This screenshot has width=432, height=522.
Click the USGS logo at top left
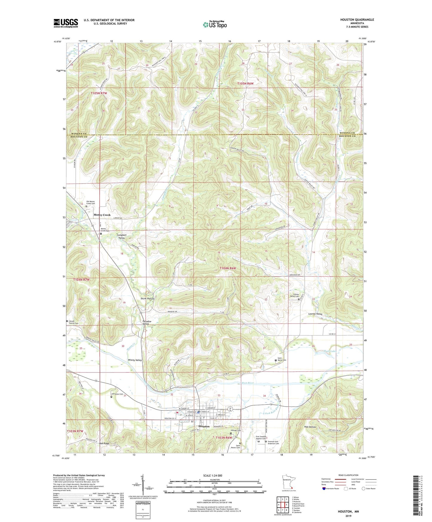66,23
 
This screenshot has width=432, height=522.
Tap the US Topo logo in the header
215,25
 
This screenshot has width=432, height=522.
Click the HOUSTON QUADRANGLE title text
357,20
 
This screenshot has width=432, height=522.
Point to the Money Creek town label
102,215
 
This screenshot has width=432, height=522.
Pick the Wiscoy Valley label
135,360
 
